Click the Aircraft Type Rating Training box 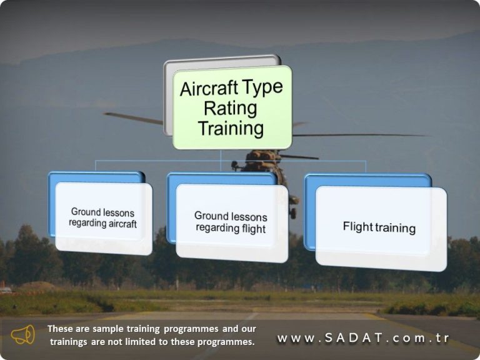[x=232, y=107]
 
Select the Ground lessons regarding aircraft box [x=103, y=217]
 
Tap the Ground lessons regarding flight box [x=231, y=222]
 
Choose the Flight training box [x=379, y=227]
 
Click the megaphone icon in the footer [x=23, y=335]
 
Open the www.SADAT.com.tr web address [x=363, y=338]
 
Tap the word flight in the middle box [x=253, y=228]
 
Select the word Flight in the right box [x=357, y=227]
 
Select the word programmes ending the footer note [x=227, y=342]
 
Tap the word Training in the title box [x=231, y=129]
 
